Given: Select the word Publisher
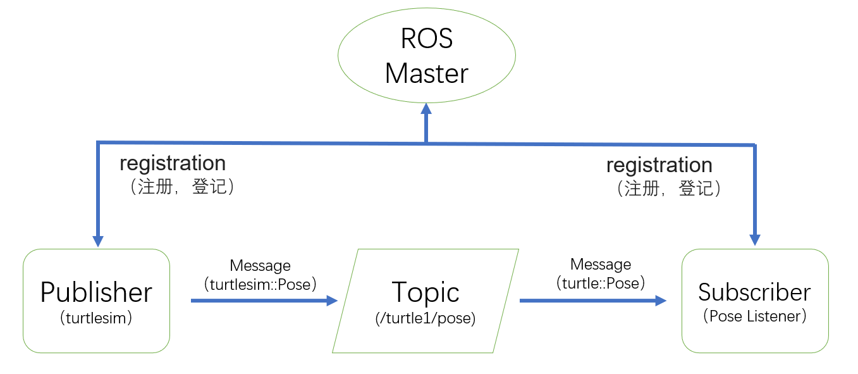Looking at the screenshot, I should click(x=96, y=292).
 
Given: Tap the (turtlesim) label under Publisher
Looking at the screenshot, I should click(x=96, y=318).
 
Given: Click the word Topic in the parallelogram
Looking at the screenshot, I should click(x=426, y=292).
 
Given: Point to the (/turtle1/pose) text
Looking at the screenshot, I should click(x=425, y=318).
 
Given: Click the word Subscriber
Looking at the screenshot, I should click(x=754, y=292).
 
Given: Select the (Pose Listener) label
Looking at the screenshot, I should click(x=754, y=316).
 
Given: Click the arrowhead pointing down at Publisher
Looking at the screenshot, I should click(x=98, y=241).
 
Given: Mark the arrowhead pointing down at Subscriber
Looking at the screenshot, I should click(x=755, y=240).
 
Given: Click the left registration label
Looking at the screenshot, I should click(x=173, y=163).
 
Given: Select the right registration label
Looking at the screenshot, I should click(x=659, y=165).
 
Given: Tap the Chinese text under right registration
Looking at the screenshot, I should click(x=669, y=189).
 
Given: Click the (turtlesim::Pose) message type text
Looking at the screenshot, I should click(x=260, y=284).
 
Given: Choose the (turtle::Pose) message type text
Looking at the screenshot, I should click(x=601, y=283).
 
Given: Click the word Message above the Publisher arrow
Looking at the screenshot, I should click(x=260, y=266).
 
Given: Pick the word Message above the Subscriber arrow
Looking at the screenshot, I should click(x=601, y=264).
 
